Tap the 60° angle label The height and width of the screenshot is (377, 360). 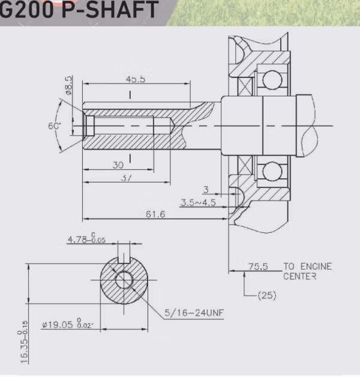click(55, 127)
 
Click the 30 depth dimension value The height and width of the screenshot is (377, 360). click(118, 165)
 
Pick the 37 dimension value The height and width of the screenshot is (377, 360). click(126, 178)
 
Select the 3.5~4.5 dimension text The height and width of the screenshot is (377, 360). click(197, 203)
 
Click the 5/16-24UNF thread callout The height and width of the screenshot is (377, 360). click(191, 312)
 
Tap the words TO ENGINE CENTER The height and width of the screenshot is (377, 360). click(307, 271)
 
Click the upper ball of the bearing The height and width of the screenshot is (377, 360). click(272, 80)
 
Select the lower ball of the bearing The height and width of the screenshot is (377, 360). click(272, 172)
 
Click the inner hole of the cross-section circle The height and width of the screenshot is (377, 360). click(124, 280)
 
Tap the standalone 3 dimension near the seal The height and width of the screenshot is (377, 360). click(206, 190)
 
